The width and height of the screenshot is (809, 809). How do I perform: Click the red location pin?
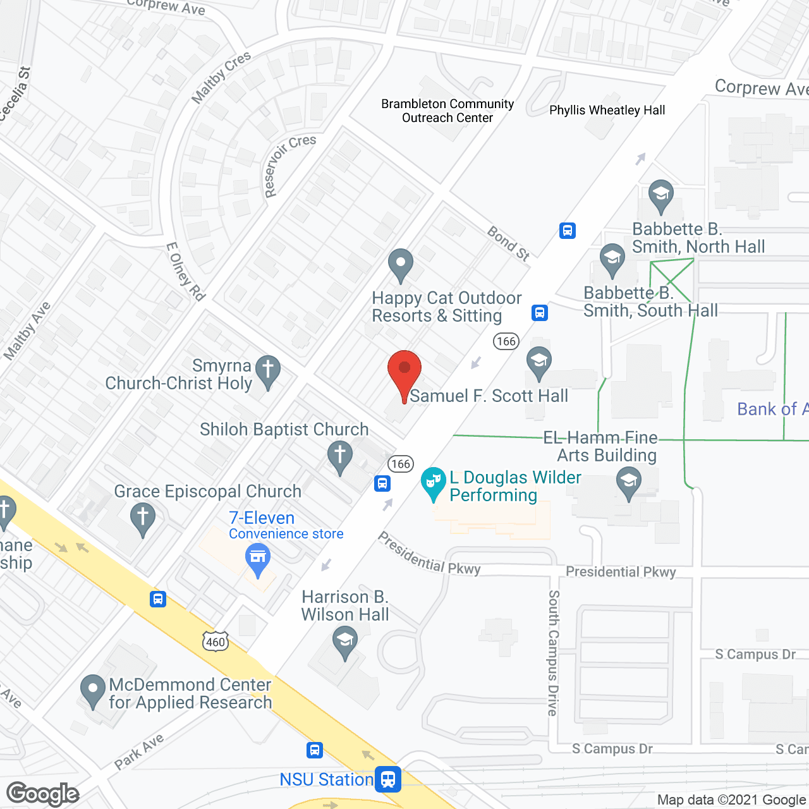pos(404,371)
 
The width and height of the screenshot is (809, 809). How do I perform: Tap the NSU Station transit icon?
pos(387,779)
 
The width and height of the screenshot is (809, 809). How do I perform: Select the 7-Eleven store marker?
pos(257,559)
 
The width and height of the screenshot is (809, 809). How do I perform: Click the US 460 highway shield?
pos(215,642)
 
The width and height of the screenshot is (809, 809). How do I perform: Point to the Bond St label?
pos(509,244)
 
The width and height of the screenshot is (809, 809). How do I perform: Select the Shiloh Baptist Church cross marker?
pos(340,456)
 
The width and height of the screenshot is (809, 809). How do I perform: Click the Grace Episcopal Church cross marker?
pos(143,519)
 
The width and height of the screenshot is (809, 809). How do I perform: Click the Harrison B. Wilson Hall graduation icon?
pos(344,642)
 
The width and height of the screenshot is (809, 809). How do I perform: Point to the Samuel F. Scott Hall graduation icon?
pos(538,363)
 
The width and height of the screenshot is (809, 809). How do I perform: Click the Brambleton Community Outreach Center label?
pos(447,111)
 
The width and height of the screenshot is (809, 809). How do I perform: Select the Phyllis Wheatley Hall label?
pos(607,110)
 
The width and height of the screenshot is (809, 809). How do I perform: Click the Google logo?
pos(43,793)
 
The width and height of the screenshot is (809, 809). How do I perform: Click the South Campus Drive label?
pos(554,653)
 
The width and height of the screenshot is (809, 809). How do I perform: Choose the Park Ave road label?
pos(139,751)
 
